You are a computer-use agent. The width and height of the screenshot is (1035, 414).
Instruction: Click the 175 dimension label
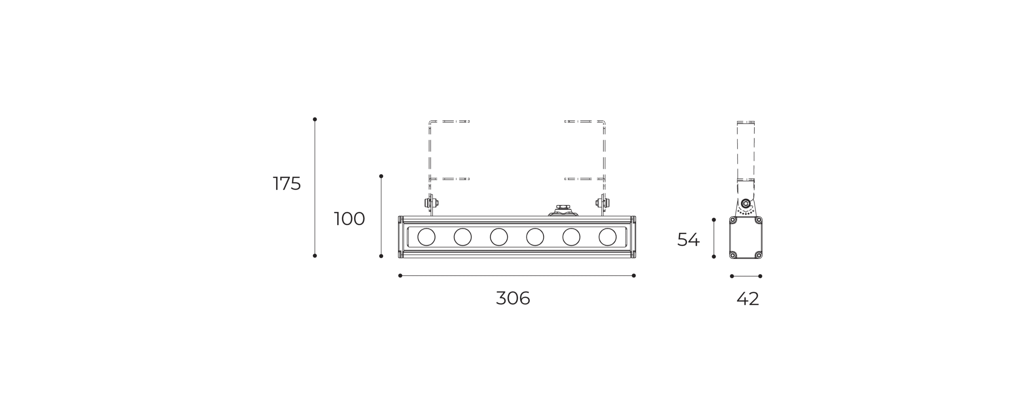click(287, 184)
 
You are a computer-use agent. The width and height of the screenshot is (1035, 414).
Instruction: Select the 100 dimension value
click(349, 219)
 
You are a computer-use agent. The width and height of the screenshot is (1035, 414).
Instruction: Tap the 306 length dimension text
click(513, 298)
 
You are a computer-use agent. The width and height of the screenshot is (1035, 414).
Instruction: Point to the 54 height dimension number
click(688, 239)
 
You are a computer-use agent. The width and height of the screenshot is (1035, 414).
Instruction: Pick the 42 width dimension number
click(748, 299)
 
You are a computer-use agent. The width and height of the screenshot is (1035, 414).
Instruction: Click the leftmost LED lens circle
click(426, 237)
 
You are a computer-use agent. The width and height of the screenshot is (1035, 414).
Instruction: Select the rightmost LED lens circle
click(607, 237)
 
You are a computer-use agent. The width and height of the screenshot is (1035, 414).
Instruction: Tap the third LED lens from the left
click(498, 237)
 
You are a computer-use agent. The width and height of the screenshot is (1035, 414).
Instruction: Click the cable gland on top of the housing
click(563, 211)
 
